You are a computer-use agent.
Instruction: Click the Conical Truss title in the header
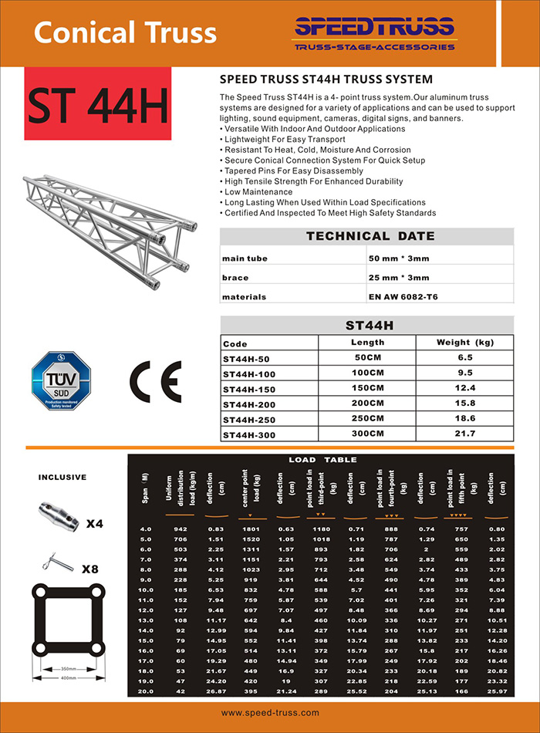tap(126, 33)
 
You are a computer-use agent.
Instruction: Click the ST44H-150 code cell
tap(249, 388)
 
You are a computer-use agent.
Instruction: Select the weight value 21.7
tap(464, 435)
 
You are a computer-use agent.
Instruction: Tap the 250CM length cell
tap(368, 419)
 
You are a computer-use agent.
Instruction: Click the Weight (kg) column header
tap(464, 343)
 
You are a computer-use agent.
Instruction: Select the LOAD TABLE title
tap(322, 460)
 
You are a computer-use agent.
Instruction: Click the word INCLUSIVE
tap(62, 478)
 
